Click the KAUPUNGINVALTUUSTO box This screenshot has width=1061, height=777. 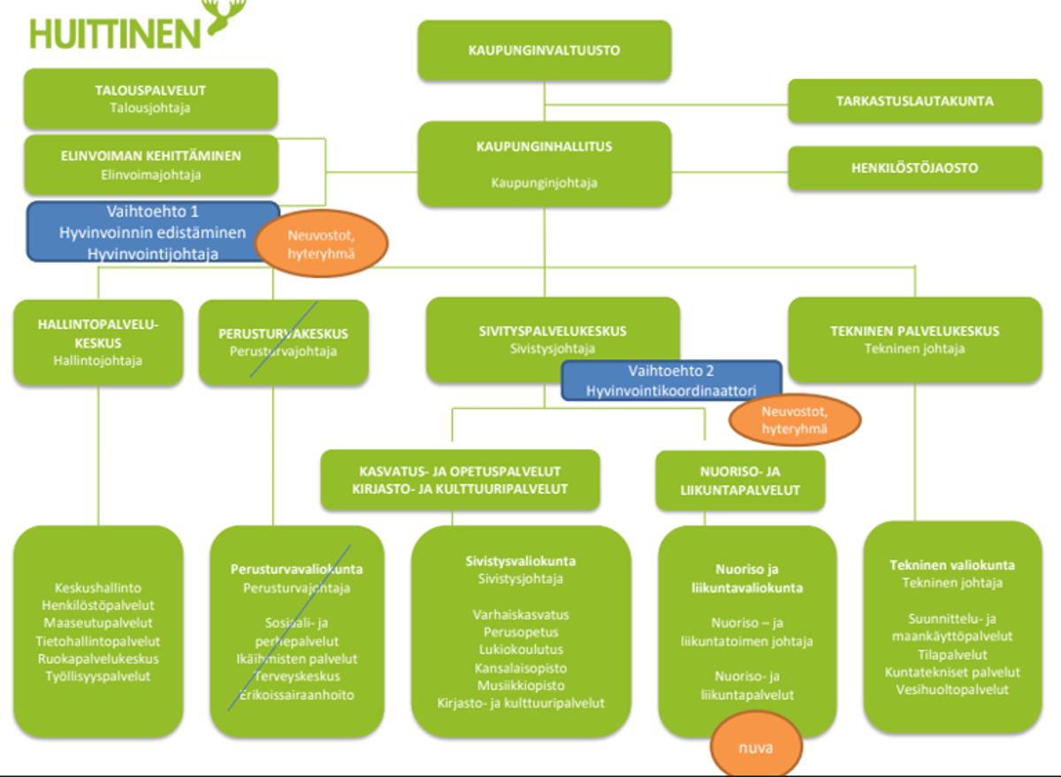[x=544, y=50]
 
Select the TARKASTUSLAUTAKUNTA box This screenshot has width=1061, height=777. [x=914, y=101]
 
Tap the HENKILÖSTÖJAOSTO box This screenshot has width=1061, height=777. [x=914, y=168]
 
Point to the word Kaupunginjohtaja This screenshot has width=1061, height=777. [x=544, y=183]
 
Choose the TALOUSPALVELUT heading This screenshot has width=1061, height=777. [x=150, y=90]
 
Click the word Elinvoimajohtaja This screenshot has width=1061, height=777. [x=150, y=174]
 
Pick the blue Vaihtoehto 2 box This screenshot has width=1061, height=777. [x=671, y=381]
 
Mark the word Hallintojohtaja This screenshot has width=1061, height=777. [x=98, y=360]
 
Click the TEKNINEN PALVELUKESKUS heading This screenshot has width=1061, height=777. [x=914, y=331]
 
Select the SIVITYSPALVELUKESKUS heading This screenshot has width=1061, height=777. [x=553, y=331]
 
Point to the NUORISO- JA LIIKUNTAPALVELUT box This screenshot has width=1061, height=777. [x=740, y=481]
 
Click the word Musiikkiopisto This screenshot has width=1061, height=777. [x=521, y=685]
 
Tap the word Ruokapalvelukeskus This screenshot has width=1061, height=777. [x=98, y=658]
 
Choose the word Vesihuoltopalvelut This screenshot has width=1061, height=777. [x=951, y=689]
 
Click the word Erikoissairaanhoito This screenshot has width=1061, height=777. [x=295, y=695]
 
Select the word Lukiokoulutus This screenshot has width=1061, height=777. [x=521, y=650]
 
